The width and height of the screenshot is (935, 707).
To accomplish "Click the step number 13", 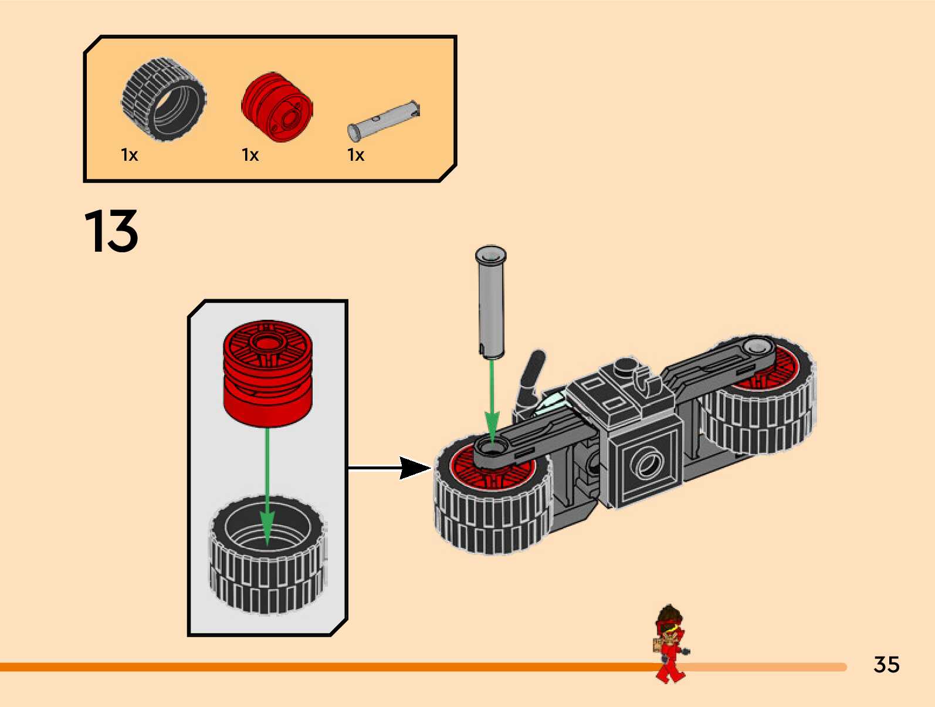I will [x=111, y=231].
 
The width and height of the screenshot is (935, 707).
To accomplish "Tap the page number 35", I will [x=886, y=665].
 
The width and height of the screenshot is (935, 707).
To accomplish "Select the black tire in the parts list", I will [x=164, y=99].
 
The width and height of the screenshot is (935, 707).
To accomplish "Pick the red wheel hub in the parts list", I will [x=277, y=108].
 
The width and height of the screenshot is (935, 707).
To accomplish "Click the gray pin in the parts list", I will [x=384, y=120].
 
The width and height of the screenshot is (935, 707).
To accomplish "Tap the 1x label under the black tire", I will [x=129, y=155].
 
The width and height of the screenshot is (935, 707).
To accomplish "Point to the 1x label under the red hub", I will [x=250, y=155].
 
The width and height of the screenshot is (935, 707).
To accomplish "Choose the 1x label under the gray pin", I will [x=355, y=155].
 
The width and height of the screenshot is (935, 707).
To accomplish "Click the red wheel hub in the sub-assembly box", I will [x=267, y=373].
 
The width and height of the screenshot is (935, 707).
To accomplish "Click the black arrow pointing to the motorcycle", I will [x=390, y=468].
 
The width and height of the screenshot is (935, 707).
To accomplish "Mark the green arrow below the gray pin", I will [x=492, y=399].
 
